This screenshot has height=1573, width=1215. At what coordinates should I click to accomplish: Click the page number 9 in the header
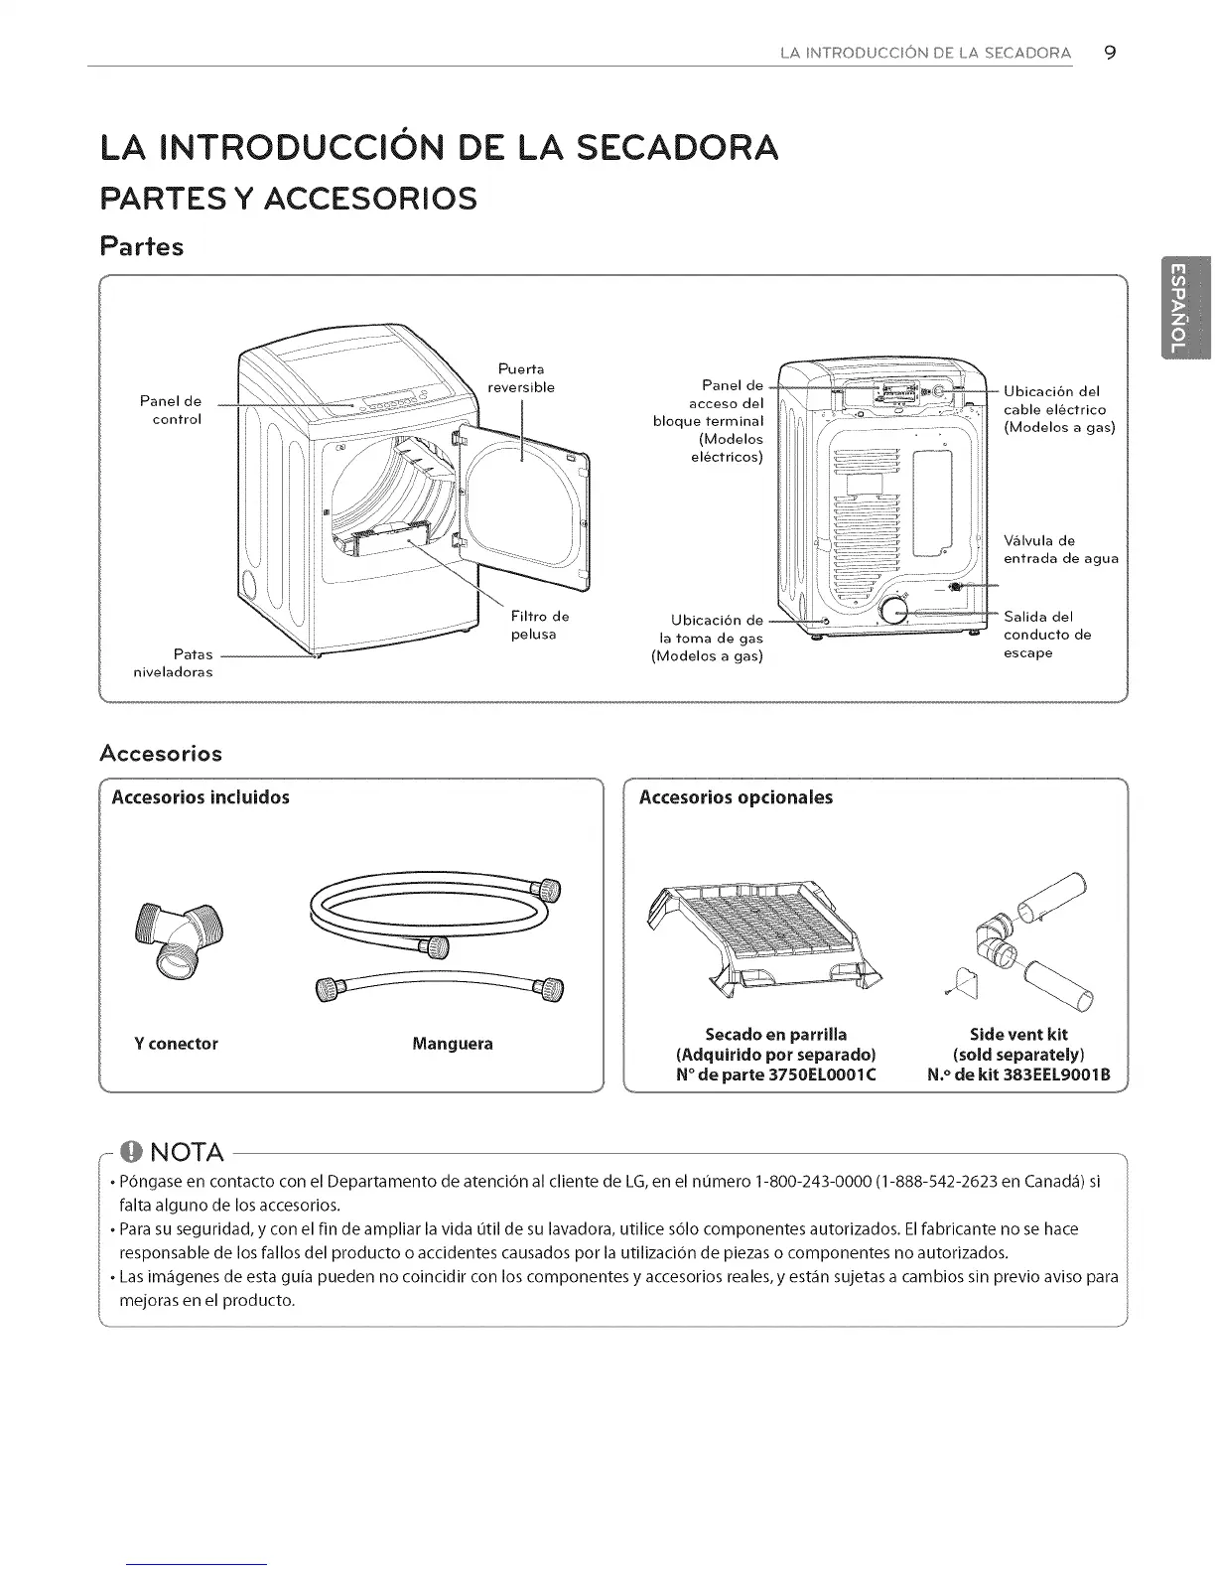(1110, 53)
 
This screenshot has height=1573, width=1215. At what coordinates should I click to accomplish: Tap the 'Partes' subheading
(142, 246)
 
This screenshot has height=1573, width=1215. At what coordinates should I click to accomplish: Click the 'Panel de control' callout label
(171, 410)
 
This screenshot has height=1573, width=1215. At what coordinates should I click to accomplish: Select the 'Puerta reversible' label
(521, 377)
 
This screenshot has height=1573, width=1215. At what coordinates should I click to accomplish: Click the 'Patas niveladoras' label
(174, 663)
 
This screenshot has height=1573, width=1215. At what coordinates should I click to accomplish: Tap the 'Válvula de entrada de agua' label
(1060, 550)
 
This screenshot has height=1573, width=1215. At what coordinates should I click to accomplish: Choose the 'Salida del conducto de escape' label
(1046, 635)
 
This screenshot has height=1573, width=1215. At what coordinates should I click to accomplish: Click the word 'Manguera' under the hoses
(452, 1044)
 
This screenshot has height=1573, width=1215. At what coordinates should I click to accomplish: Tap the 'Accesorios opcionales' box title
(736, 797)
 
